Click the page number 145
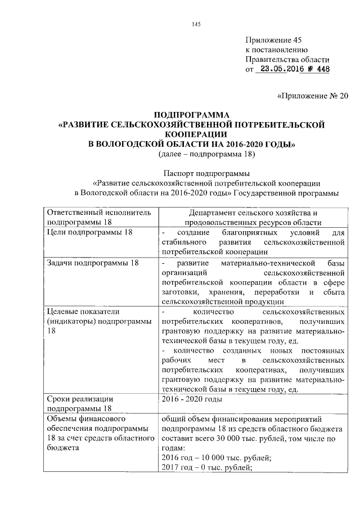(x=196, y=24)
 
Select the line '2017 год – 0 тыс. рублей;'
(x=206, y=468)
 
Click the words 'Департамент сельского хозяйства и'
(x=252, y=213)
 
